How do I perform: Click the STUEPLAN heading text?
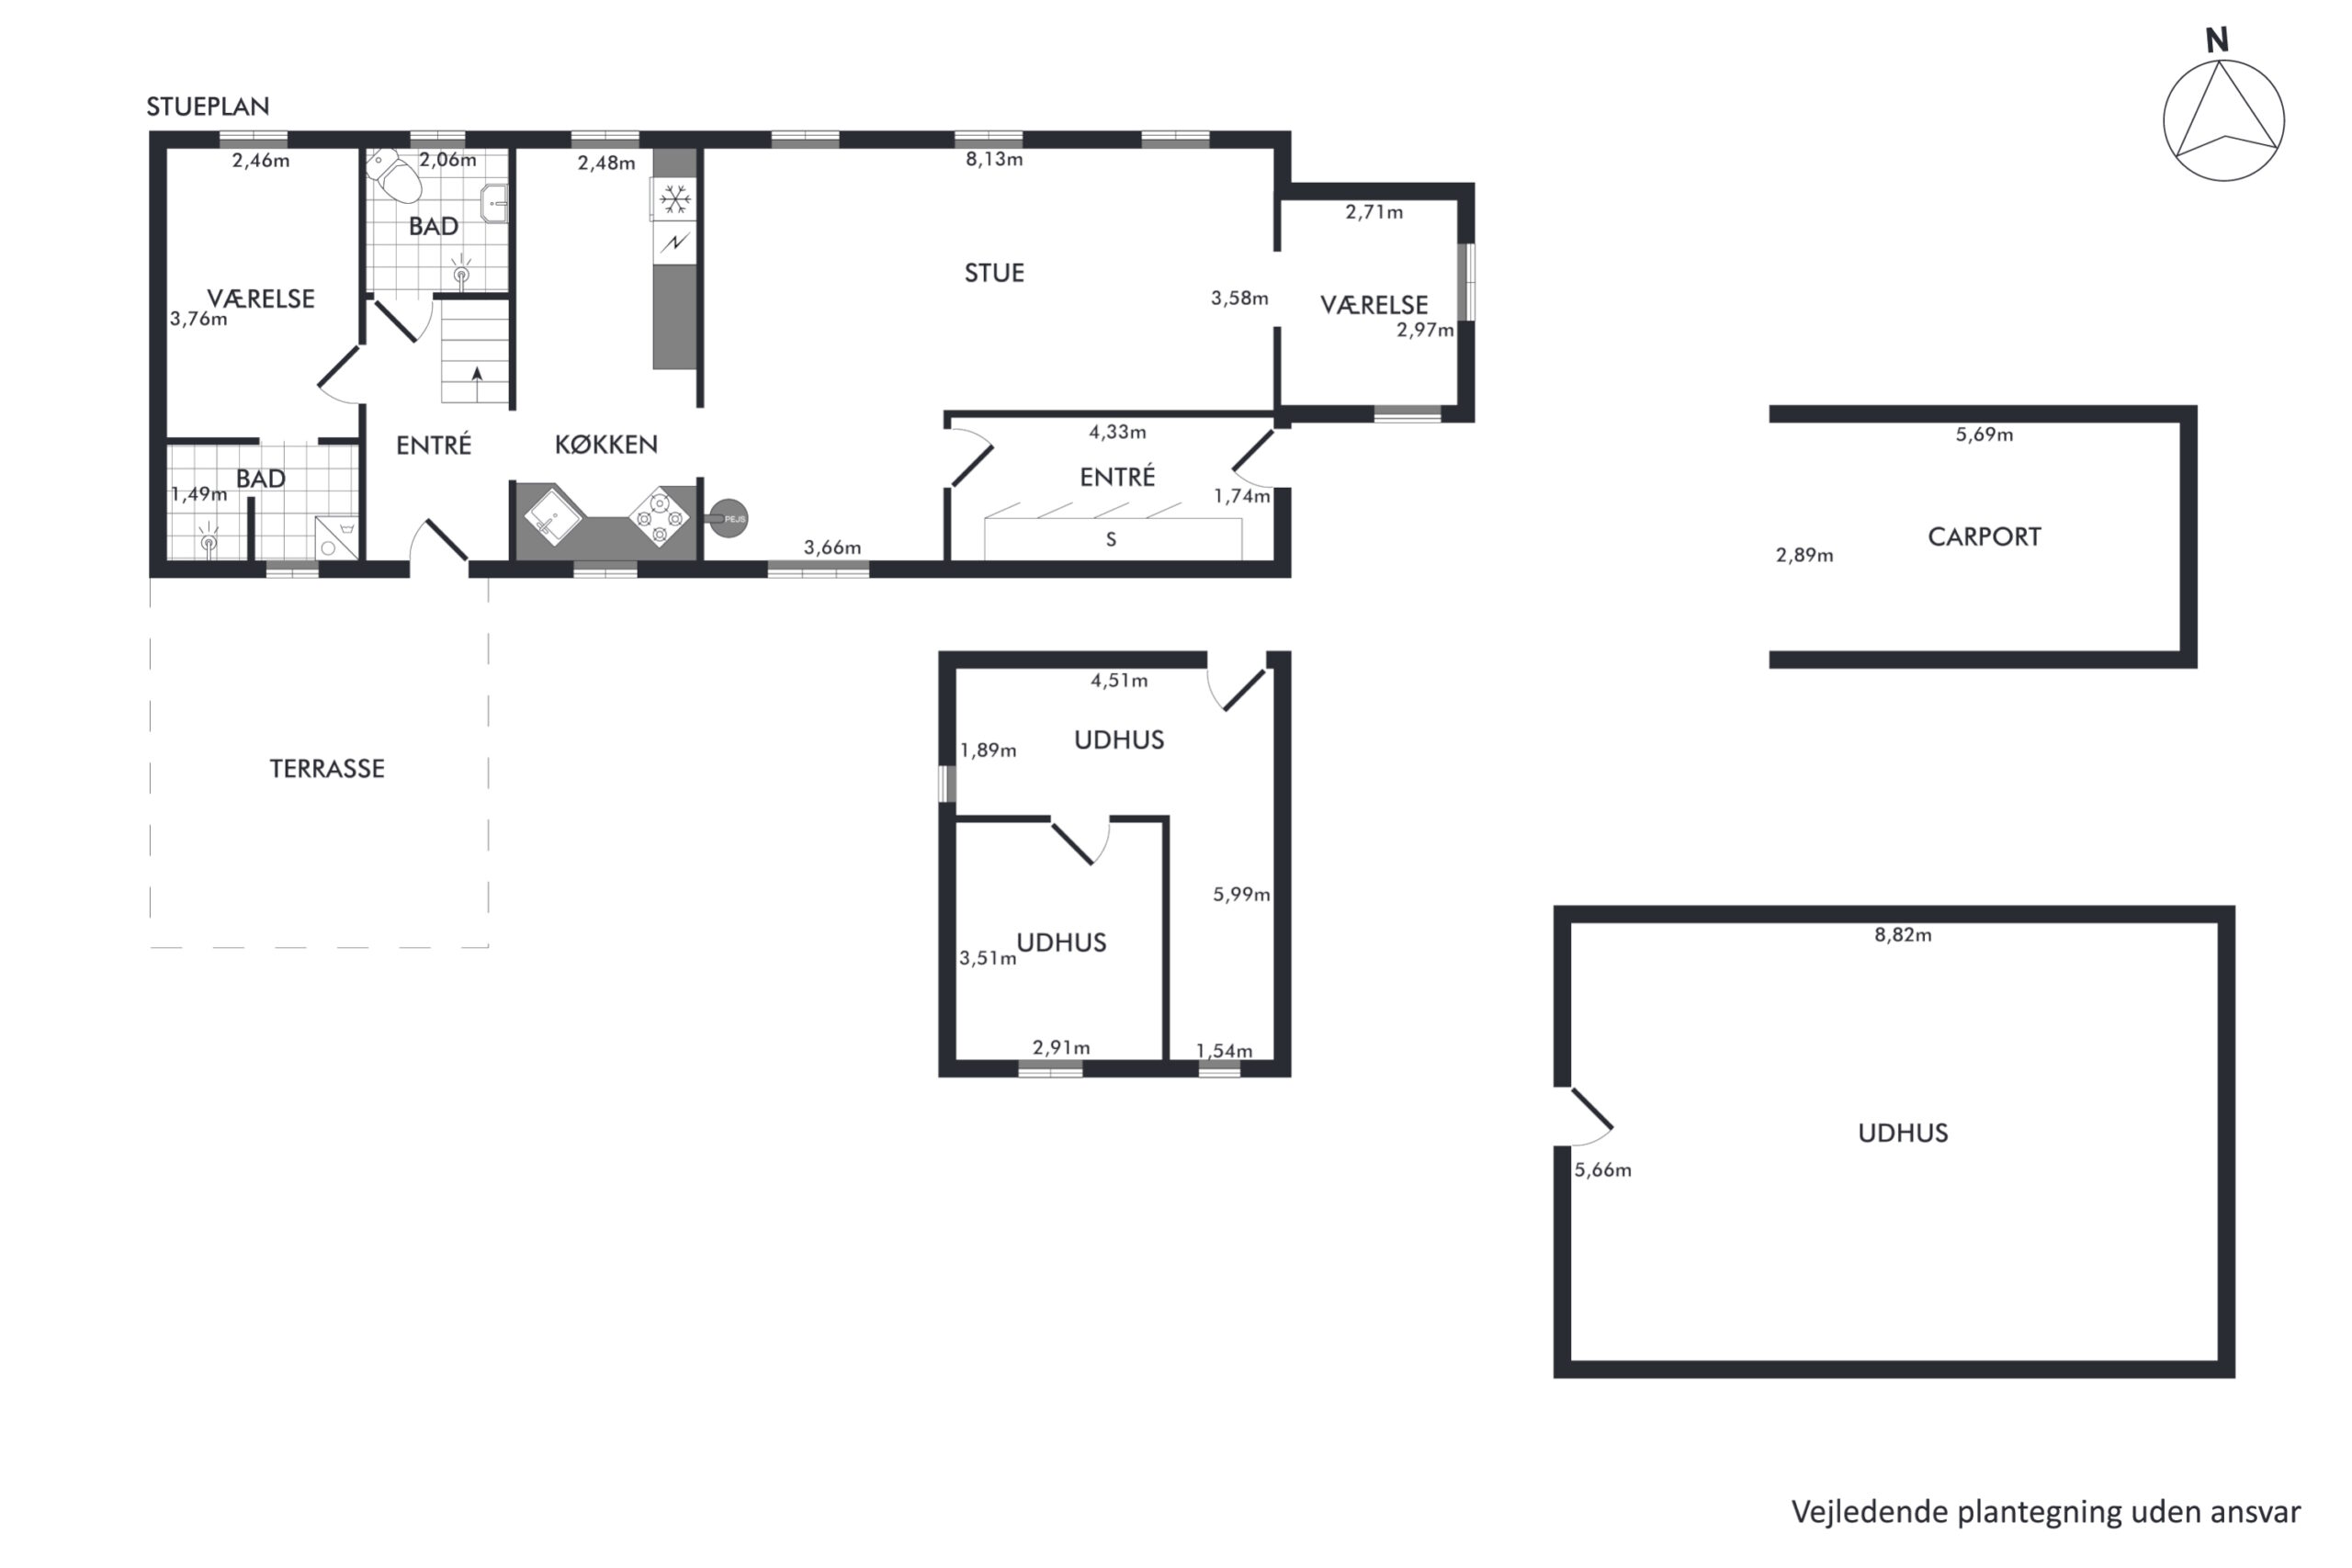pyautogui.click(x=208, y=106)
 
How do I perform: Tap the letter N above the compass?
pyautogui.click(x=2217, y=40)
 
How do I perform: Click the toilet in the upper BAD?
pyautogui.click(x=395, y=175)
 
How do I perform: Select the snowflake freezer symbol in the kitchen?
pyautogui.click(x=675, y=199)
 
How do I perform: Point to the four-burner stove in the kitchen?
pyautogui.click(x=660, y=517)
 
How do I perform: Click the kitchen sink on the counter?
pyautogui.click(x=553, y=514)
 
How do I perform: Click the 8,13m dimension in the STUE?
pyautogui.click(x=994, y=159)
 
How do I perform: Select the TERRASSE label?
pyautogui.click(x=327, y=768)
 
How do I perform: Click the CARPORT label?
pyautogui.click(x=1984, y=537)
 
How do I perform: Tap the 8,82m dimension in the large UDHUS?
pyautogui.click(x=1903, y=935)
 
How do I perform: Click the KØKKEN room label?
pyautogui.click(x=606, y=445)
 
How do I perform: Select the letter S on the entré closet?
pyautogui.click(x=1111, y=540)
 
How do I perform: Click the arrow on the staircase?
pyautogui.click(x=477, y=374)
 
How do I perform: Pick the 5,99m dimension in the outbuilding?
pyautogui.click(x=1241, y=895)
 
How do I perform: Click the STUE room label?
pyautogui.click(x=994, y=273)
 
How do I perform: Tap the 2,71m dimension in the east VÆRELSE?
pyautogui.click(x=1374, y=212)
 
